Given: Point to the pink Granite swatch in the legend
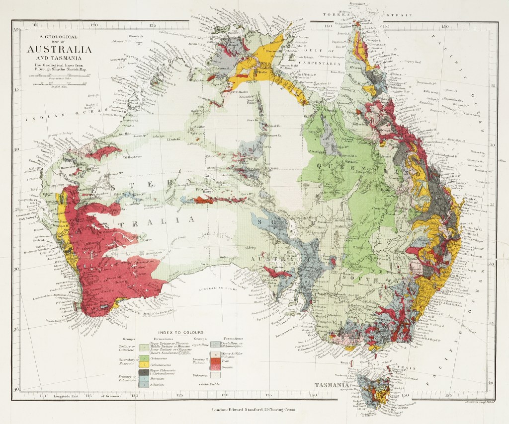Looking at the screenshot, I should tap(214, 367).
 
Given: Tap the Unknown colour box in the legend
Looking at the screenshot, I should tap(214, 376).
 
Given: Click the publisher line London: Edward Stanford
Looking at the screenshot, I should tap(254, 410).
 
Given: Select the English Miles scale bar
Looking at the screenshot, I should tap(59, 83).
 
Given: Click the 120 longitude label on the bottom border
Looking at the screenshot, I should tap(134, 396).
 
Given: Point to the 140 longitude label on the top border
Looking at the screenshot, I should tap(327, 25).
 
